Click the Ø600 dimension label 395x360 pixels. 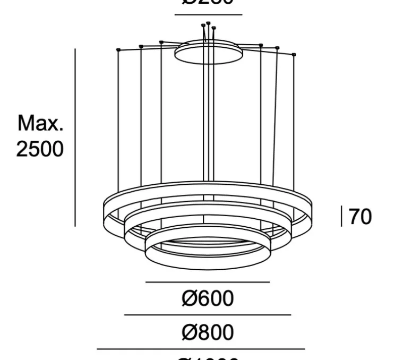[x=208, y=299]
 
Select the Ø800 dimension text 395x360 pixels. [x=208, y=333]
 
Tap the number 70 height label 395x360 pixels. [x=360, y=217]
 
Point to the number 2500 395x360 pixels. [x=40, y=149]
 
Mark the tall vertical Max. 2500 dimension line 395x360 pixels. [x=75, y=138]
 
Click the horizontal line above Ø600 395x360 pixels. [x=208, y=282]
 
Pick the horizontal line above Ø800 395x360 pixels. [x=208, y=315]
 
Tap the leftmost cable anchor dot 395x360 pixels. [x=118, y=50]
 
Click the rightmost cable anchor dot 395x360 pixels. [x=294, y=54]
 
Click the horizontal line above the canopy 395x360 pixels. [x=208, y=15]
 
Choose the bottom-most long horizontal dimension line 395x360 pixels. [x=201, y=349]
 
